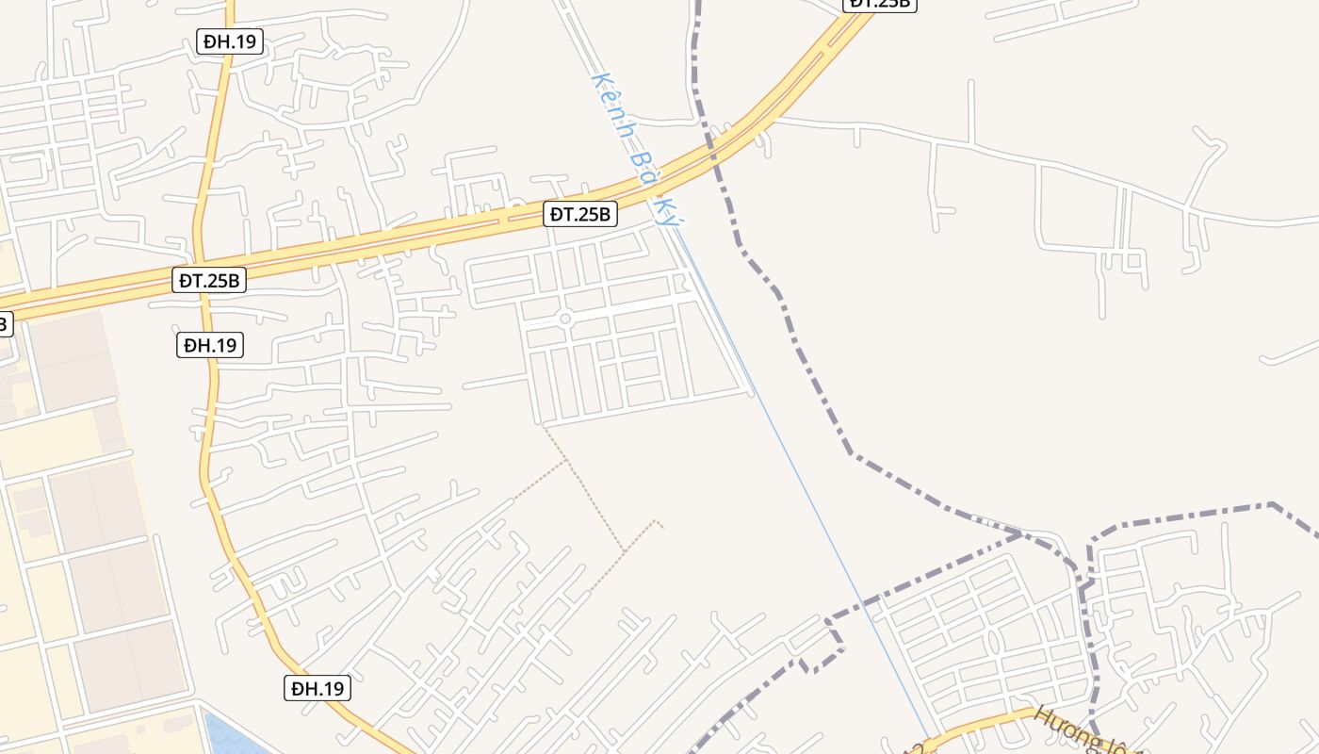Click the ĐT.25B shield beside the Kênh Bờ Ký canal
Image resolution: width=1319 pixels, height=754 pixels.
tap(581, 215)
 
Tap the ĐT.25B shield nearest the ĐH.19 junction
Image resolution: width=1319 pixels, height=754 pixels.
tap(210, 280)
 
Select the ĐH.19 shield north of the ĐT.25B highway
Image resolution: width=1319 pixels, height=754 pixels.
tap(230, 41)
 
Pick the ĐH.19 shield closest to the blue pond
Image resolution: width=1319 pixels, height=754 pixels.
tap(318, 689)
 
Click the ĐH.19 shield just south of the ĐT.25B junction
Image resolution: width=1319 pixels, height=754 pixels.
tap(210, 345)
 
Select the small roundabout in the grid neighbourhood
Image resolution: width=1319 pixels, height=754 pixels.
tap(565, 319)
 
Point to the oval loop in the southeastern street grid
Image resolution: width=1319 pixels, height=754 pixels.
tap(993, 642)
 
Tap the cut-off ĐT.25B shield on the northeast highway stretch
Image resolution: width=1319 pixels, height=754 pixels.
tap(878, 4)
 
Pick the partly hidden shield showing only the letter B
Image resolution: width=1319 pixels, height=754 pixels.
tap(4, 324)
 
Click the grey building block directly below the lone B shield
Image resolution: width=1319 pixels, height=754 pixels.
tap(71, 358)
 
